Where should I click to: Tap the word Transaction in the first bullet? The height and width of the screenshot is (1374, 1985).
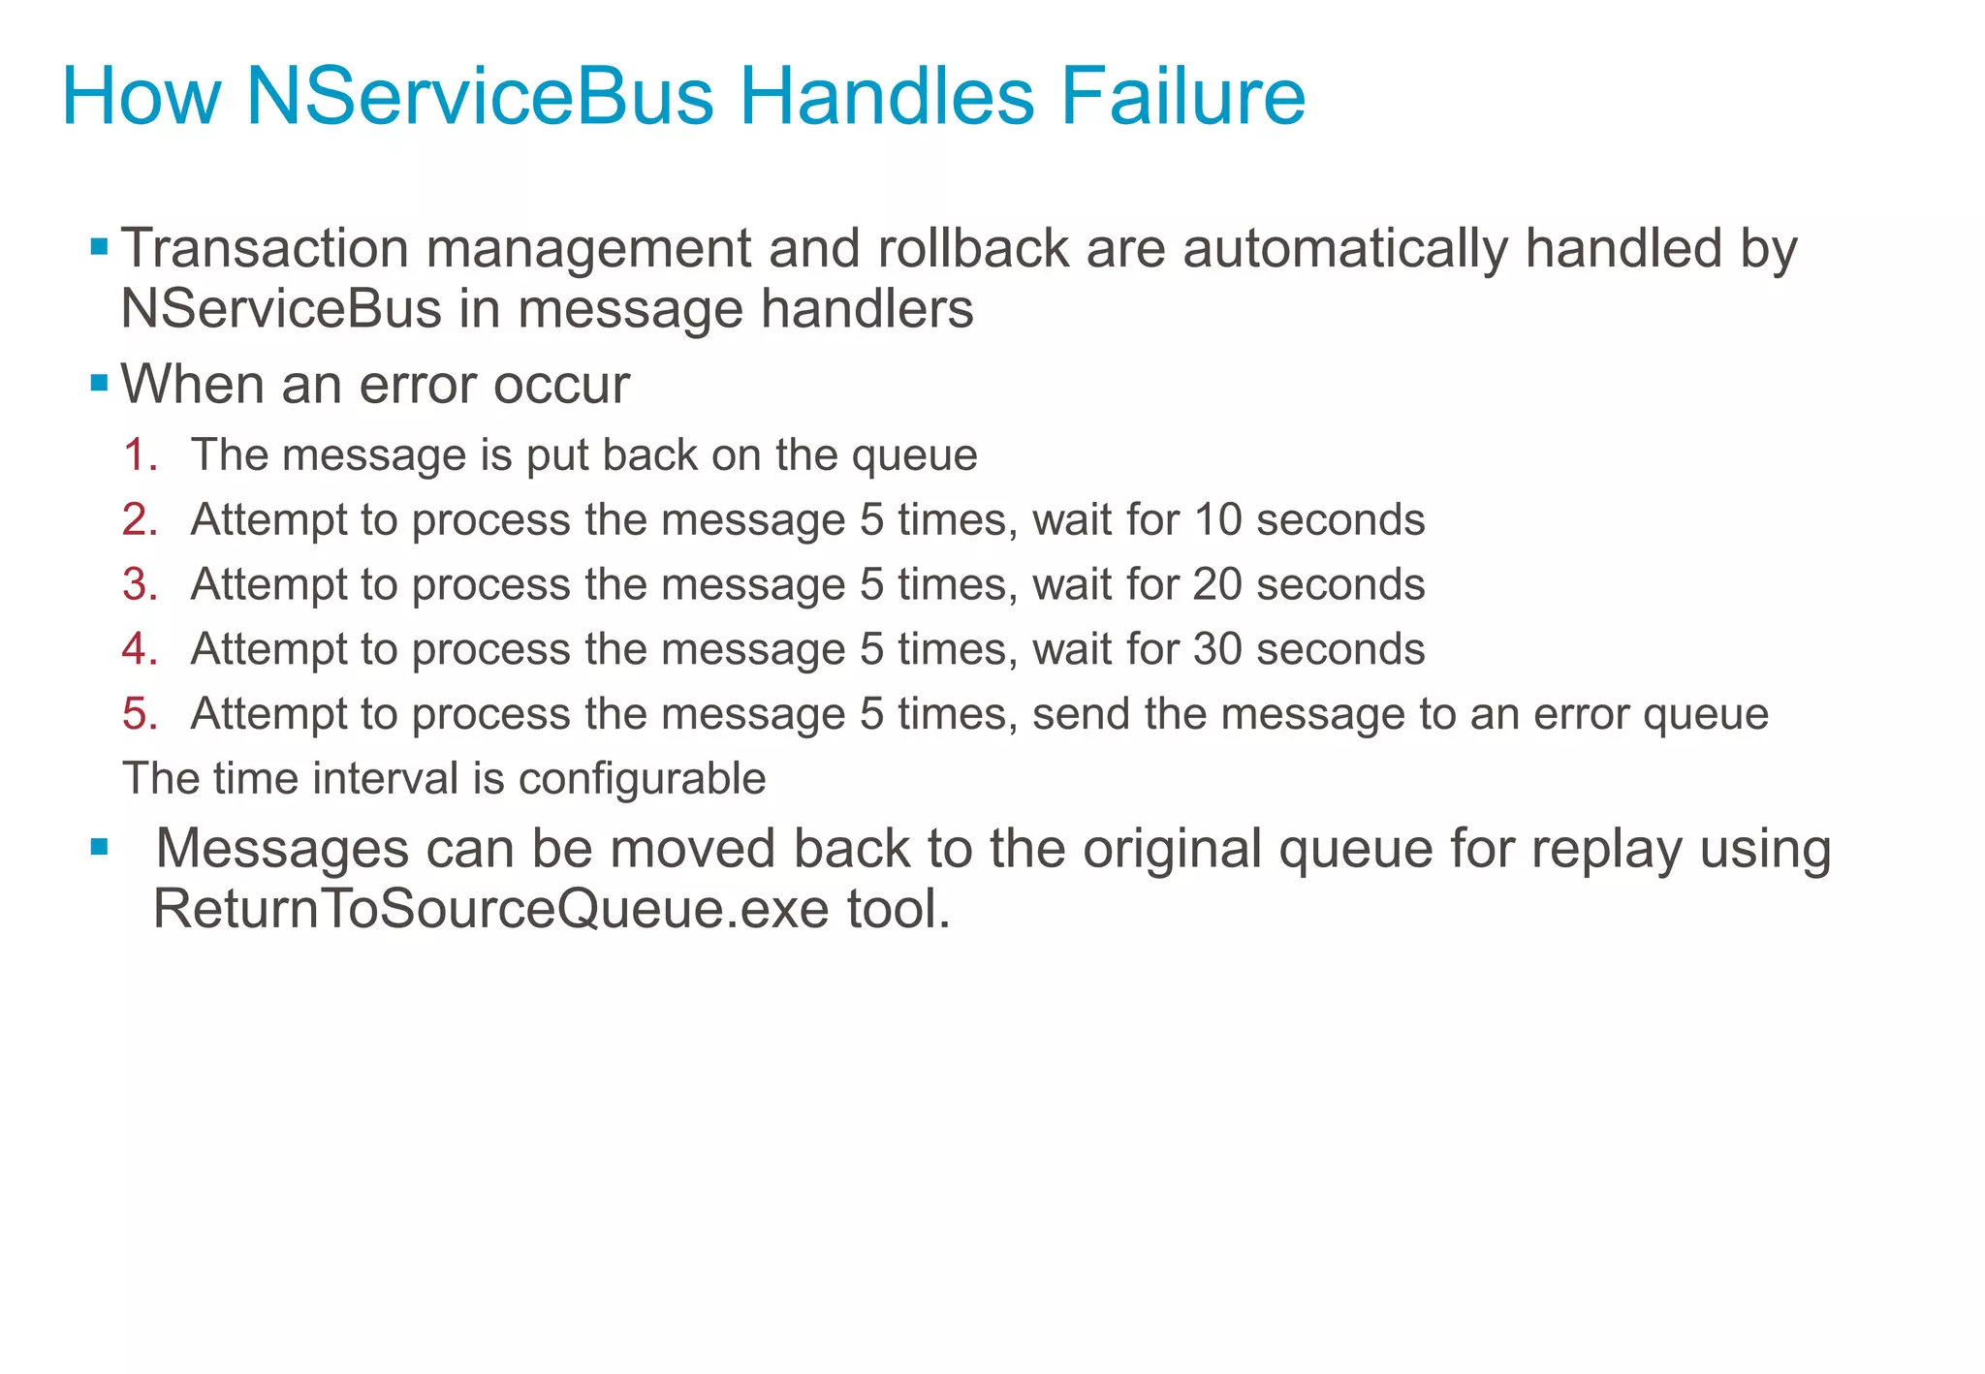point(265,248)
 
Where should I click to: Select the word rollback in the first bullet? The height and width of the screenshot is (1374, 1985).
point(972,248)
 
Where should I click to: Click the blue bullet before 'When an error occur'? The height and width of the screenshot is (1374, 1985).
point(98,384)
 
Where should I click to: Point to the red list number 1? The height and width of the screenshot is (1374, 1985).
point(140,455)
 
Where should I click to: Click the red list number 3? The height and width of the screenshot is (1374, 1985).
point(140,584)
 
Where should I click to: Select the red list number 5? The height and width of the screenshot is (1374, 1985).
point(140,714)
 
